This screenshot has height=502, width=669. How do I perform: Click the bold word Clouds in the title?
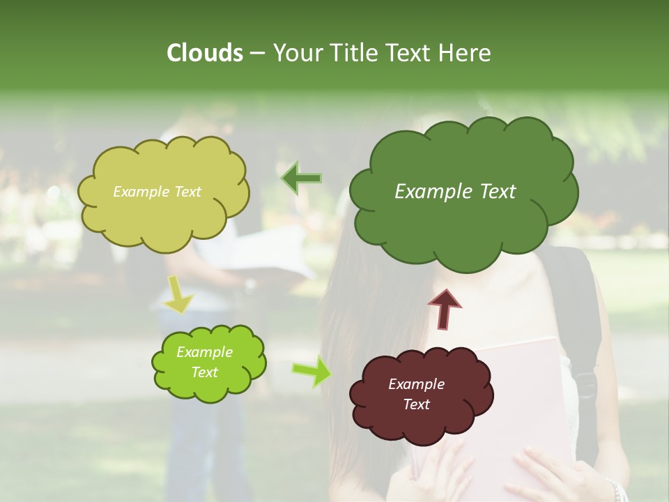pyautogui.click(x=204, y=53)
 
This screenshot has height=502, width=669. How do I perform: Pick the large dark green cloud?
pyautogui.click(x=463, y=223)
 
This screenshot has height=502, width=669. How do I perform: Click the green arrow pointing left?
pyautogui.click(x=301, y=178)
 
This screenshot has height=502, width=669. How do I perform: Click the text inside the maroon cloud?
pyautogui.click(x=417, y=394)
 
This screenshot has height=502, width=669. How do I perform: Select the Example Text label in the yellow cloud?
pyautogui.click(x=157, y=192)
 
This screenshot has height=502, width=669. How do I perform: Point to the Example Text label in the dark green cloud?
pyautogui.click(x=455, y=192)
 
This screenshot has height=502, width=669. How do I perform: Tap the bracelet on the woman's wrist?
pyautogui.click(x=613, y=488)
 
